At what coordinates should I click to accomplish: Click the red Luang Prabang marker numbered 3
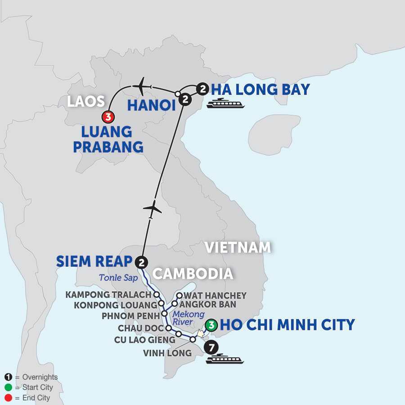[x=108, y=117]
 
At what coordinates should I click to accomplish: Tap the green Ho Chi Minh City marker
[x=210, y=324]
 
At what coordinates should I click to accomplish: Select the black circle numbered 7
[x=210, y=347]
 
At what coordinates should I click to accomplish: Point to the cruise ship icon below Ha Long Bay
[x=226, y=104]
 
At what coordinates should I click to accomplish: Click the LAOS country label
[x=86, y=101]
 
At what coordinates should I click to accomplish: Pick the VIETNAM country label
[x=238, y=247]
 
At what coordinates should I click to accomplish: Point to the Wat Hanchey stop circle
[x=179, y=296]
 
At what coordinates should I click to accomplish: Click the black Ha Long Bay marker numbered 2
[x=202, y=90]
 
